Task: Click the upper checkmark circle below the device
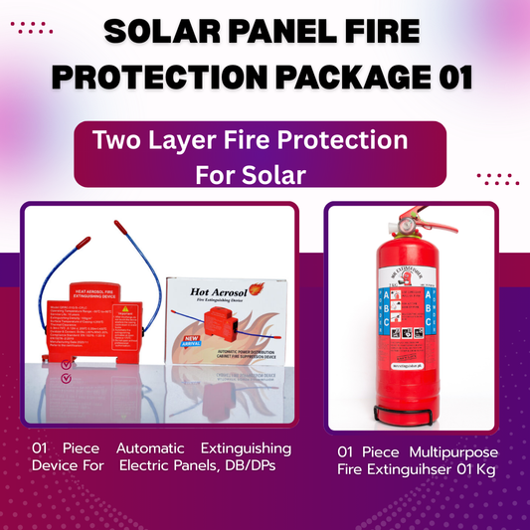[x=66, y=364]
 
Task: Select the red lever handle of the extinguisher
[x=428, y=214]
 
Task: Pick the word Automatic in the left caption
[x=147, y=449]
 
